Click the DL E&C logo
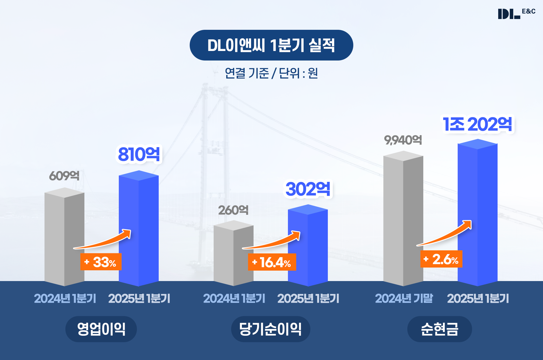[x=516, y=13]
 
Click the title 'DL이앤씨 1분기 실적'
[x=271, y=45]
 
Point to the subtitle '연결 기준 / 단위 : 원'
[x=271, y=73]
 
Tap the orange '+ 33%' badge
[x=101, y=262]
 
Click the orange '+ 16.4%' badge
[x=272, y=262]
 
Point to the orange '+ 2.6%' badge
[x=441, y=259]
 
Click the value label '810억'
[x=139, y=154]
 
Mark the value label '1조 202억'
[x=478, y=124]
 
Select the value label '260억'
[x=233, y=210]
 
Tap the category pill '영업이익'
[x=101, y=329]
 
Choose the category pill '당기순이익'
[x=270, y=329]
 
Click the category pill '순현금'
[x=440, y=329]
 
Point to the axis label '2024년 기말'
[x=404, y=298]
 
